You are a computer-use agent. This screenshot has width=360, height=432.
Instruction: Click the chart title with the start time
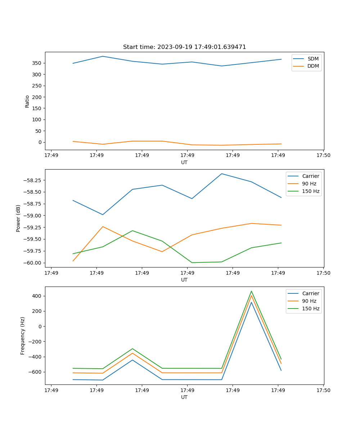coord(184,47)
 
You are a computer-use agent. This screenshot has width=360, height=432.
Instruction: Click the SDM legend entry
coord(313,59)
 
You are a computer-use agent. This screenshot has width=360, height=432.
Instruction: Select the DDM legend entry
coord(313,66)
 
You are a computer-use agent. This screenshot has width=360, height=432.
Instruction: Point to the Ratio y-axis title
coord(27,101)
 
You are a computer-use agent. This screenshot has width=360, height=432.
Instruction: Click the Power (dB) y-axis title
coord(18,218)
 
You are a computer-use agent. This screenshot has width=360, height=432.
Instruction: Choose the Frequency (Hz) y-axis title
coord(23,336)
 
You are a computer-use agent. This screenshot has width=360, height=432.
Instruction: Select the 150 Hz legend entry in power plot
coord(311,192)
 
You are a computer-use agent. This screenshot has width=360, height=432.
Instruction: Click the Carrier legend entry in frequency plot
coord(310,293)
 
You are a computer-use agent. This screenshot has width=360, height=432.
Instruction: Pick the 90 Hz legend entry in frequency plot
coord(309,301)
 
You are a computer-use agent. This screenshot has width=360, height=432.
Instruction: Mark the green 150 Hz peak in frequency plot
coord(251,291)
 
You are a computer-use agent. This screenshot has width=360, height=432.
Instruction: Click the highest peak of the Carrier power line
coord(221,174)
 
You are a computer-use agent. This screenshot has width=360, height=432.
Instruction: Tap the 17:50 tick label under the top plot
coord(323,156)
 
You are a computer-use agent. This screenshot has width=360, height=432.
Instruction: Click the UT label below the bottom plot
coord(184,397)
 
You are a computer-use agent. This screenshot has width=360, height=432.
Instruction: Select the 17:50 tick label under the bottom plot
coord(323,390)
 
